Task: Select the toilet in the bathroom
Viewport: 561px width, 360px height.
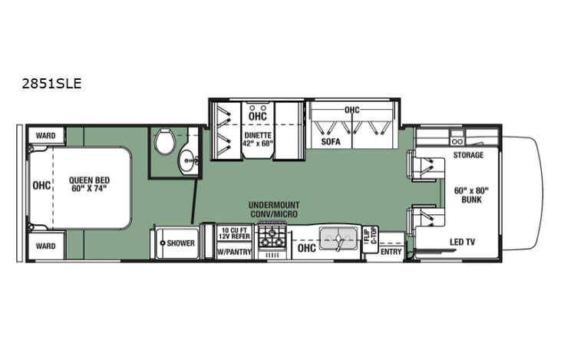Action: coord(163,141)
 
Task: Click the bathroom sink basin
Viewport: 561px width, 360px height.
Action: coord(186,161)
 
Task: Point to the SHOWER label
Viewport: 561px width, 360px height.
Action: coord(180,243)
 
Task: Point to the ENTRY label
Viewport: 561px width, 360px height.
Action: coord(391,252)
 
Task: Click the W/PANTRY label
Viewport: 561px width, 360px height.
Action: coord(234,252)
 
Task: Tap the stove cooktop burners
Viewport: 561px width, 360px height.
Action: coord(272,236)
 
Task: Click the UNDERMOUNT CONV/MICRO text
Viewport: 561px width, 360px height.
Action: coord(273,209)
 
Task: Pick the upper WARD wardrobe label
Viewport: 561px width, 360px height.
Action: coord(45,136)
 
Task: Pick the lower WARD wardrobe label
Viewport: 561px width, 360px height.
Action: coord(45,246)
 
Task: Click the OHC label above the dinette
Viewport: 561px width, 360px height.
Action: coord(258,117)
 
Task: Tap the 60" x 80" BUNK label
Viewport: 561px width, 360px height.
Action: coord(470,195)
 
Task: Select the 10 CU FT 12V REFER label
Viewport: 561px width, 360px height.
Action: coord(234,233)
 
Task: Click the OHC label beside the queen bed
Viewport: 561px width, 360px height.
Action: coord(40,185)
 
